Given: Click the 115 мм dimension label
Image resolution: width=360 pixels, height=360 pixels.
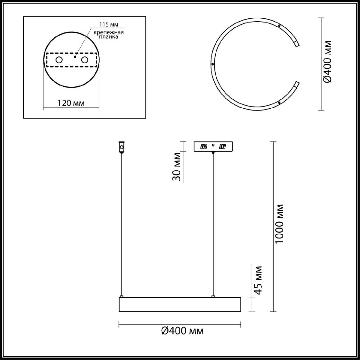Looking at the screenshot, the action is pos(108,25).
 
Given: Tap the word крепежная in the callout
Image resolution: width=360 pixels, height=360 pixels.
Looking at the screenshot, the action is pos(109,32).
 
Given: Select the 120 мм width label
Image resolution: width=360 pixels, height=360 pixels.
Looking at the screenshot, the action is pos(71,103).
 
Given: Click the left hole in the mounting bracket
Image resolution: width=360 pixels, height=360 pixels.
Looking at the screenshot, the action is pos(59,60).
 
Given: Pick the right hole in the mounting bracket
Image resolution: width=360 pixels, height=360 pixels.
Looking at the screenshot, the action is pos(84,60).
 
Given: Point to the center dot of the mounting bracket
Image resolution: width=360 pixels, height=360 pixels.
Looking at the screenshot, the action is pos(75,57).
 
